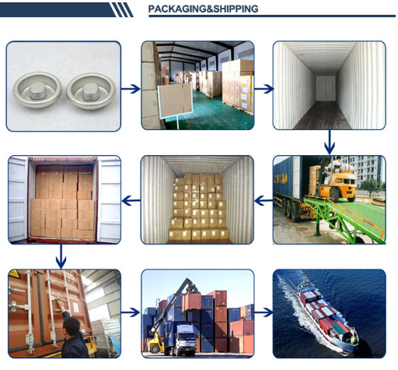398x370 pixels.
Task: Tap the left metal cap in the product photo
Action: pyautogui.click(x=37, y=90)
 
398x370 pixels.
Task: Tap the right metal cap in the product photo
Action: pyautogui.click(x=91, y=90)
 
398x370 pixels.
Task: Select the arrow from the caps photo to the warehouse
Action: pyautogui.click(x=131, y=89)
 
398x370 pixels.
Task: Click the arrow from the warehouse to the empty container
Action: pyautogui.click(x=264, y=89)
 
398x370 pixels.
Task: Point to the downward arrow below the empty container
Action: pyautogui.click(x=330, y=142)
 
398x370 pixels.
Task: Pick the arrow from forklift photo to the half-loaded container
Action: pyautogui.click(x=264, y=200)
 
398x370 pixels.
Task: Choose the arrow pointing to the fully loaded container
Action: pyautogui.click(x=131, y=200)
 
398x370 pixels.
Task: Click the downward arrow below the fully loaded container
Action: pyautogui.click(x=61, y=256)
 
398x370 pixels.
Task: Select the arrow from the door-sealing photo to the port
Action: pyautogui.click(x=131, y=312)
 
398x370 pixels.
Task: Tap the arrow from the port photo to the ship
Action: pyautogui.click(x=264, y=312)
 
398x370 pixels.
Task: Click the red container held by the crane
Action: pyautogui.click(x=191, y=302)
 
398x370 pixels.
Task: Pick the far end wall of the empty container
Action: pyautogui.click(x=326, y=88)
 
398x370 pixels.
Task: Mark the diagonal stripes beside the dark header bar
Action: pyautogui.click(x=122, y=10)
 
